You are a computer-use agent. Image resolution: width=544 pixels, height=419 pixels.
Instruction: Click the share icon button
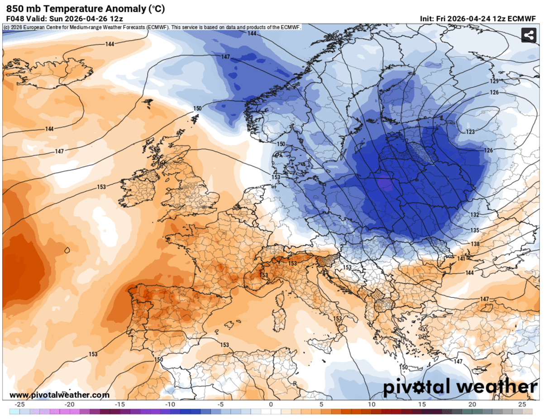(528, 35)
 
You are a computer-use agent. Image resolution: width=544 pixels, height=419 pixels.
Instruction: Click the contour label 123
(470, 132)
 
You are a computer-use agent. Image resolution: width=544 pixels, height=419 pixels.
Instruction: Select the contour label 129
(494, 81)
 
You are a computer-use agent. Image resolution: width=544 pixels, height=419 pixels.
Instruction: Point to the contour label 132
(475, 215)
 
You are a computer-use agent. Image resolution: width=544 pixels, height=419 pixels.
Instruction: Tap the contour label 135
(475, 230)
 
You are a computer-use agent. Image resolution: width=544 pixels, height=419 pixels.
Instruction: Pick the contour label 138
(475, 244)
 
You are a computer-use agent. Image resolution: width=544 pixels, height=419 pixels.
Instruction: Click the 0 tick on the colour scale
(271, 404)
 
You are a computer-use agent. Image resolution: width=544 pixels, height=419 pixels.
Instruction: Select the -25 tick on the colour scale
(19, 404)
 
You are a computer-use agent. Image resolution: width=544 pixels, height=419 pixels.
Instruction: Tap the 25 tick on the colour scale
(522, 404)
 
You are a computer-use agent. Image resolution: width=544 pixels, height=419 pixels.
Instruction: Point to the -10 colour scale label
(170, 404)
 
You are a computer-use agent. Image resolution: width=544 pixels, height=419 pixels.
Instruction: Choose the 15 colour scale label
(422, 404)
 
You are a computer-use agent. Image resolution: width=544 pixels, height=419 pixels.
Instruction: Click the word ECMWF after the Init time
(525, 19)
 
